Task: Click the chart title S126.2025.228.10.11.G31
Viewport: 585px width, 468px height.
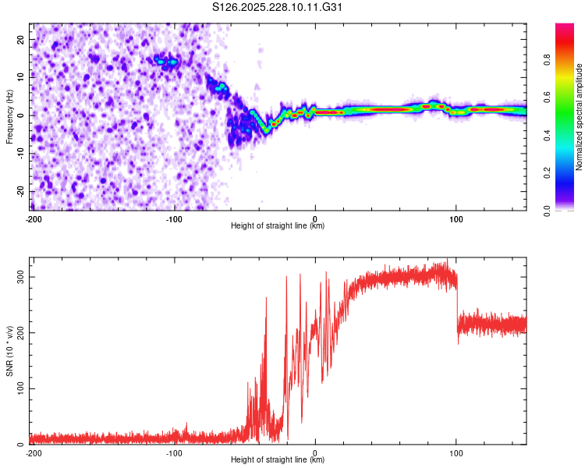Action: pyautogui.click(x=278, y=7)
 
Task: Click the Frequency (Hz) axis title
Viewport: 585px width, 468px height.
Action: pyautogui.click(x=9, y=117)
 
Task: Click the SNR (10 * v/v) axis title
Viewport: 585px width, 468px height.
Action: pyautogui.click(x=9, y=351)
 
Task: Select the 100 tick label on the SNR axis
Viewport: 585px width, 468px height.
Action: pyautogui.click(x=19, y=388)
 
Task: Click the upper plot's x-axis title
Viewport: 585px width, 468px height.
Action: pyautogui.click(x=278, y=226)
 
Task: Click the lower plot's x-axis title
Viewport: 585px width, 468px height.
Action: pyautogui.click(x=278, y=460)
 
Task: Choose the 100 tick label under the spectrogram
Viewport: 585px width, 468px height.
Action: pyautogui.click(x=456, y=218)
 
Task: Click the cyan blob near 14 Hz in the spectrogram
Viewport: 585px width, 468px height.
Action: pyautogui.click(x=165, y=60)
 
